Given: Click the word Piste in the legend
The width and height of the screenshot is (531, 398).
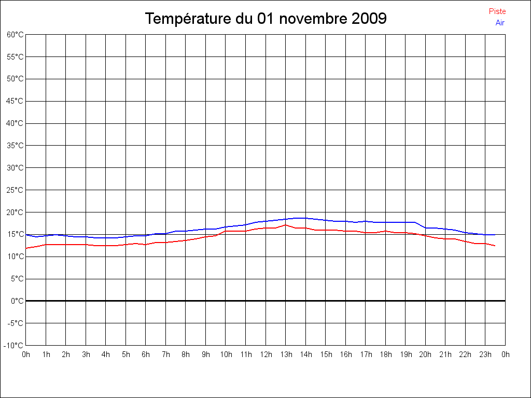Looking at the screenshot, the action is tap(497, 11).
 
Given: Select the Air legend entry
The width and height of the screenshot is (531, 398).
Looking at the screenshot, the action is tap(500, 23).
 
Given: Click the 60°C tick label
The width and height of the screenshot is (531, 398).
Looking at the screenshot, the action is tap(15, 35).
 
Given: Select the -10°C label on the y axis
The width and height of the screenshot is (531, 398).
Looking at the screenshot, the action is tap(13, 346).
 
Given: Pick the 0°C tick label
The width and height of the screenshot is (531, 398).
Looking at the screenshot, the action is tap(17, 301).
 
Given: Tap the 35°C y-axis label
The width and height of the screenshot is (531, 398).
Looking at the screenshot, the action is tap(15, 146).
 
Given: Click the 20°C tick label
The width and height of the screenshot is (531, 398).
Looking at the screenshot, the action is tap(15, 212).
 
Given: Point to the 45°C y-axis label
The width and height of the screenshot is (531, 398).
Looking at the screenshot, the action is tap(15, 101).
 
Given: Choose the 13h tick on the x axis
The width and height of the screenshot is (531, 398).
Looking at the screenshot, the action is tap(286, 354).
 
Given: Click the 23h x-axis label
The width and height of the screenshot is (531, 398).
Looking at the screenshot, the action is tap(485, 354).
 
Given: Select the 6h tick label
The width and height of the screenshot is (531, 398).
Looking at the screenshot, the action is tap(146, 354).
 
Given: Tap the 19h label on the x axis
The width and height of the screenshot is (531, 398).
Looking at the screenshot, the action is tap(406, 354).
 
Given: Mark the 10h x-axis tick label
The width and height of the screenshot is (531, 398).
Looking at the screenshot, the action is tap(226, 354).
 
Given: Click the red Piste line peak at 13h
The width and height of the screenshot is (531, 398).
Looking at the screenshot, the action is tap(286, 225).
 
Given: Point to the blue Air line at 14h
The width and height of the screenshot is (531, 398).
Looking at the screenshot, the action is tap(305, 218).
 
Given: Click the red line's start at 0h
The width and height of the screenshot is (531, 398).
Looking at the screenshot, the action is tap(26, 248).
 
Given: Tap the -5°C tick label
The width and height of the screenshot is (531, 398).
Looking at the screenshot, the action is tap(15, 323).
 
